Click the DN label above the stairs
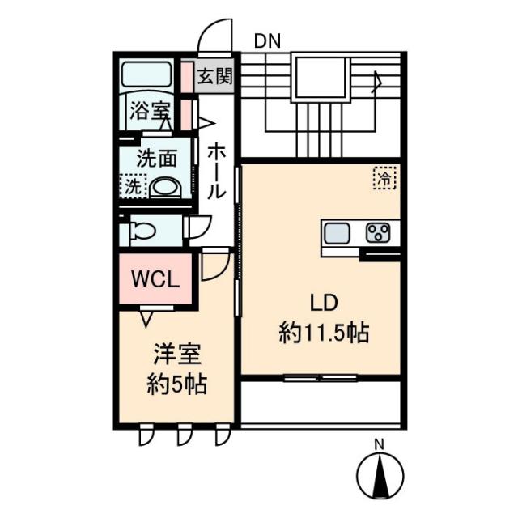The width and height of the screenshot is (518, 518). (x=267, y=41)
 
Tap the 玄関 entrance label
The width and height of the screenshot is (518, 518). (x=215, y=76)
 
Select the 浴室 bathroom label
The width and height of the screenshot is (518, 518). (x=151, y=111)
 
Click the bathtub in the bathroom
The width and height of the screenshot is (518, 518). (x=146, y=74)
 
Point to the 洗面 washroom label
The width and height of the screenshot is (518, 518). (x=156, y=159)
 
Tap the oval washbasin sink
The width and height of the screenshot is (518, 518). (x=166, y=188)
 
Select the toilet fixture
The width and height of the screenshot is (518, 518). (x=142, y=230)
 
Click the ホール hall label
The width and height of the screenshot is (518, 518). (x=216, y=172)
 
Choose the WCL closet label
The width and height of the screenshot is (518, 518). (x=155, y=280)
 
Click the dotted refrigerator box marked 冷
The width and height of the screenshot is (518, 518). (x=384, y=178)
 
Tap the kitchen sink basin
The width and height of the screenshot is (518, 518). (x=337, y=233)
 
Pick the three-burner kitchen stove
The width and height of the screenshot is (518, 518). (x=378, y=232)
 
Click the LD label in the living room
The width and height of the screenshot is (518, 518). (x=324, y=303)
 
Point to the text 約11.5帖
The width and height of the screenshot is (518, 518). (x=324, y=333)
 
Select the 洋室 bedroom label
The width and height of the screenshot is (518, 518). (x=177, y=355)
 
